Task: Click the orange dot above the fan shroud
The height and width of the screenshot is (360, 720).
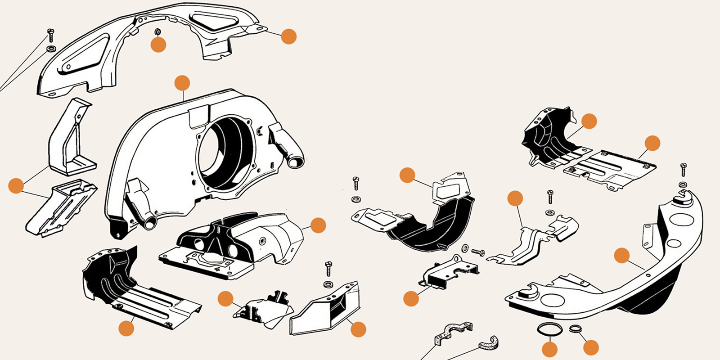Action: (x=182, y=83)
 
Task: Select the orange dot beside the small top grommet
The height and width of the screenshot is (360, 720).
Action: (x=158, y=45)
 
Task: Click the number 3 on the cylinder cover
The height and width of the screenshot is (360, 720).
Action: (x=185, y=260)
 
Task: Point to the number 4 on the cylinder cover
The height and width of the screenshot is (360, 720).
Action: (x=218, y=270)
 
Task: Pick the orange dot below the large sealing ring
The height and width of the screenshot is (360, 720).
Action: (x=550, y=349)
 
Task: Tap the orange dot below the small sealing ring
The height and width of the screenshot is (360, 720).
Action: (x=591, y=347)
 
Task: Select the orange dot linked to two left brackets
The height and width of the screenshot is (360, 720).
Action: (x=16, y=186)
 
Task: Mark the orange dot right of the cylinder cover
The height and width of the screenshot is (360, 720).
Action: (x=318, y=225)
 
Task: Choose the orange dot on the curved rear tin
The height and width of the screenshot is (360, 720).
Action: (x=621, y=256)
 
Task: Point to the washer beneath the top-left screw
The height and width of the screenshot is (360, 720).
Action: (x=51, y=48)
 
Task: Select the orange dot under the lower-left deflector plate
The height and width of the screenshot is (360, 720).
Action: (x=126, y=328)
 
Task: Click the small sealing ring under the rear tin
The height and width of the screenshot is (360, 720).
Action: (x=575, y=328)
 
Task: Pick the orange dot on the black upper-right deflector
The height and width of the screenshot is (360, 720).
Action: (x=589, y=121)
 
